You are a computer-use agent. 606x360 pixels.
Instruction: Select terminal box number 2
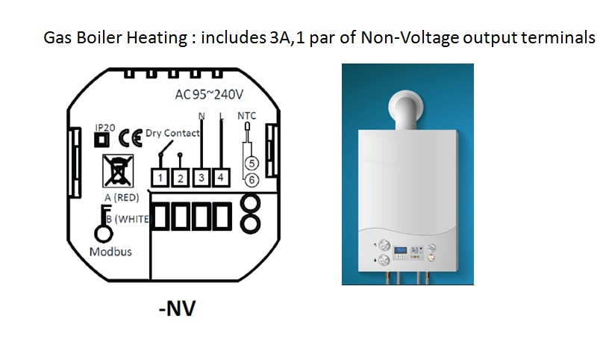(x=179, y=178)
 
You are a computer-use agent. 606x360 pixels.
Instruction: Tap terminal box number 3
(x=201, y=178)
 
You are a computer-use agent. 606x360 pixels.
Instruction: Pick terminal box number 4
(x=221, y=178)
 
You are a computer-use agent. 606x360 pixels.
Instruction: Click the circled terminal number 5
(x=252, y=163)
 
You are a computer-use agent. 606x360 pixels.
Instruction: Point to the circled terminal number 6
(x=252, y=179)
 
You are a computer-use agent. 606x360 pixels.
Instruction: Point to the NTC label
(x=246, y=117)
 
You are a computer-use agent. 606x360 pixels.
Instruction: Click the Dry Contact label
(x=172, y=134)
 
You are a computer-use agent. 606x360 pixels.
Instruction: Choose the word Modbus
(x=110, y=252)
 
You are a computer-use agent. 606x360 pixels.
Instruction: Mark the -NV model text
(x=177, y=308)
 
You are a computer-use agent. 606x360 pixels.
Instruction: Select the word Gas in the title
(x=58, y=37)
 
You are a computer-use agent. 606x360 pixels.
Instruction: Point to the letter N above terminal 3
(x=202, y=116)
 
